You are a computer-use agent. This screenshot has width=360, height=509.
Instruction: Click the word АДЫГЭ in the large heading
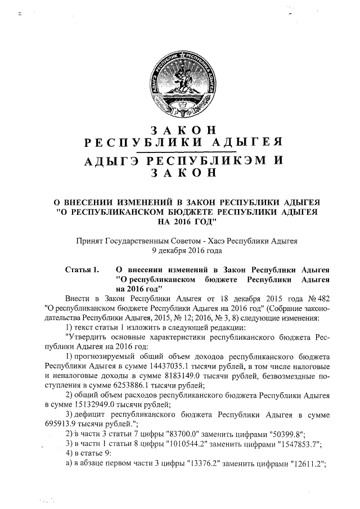tap(110, 160)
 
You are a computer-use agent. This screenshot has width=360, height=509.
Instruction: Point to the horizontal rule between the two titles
tap(179, 150)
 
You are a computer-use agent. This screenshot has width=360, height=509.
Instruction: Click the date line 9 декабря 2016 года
tap(179, 250)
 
